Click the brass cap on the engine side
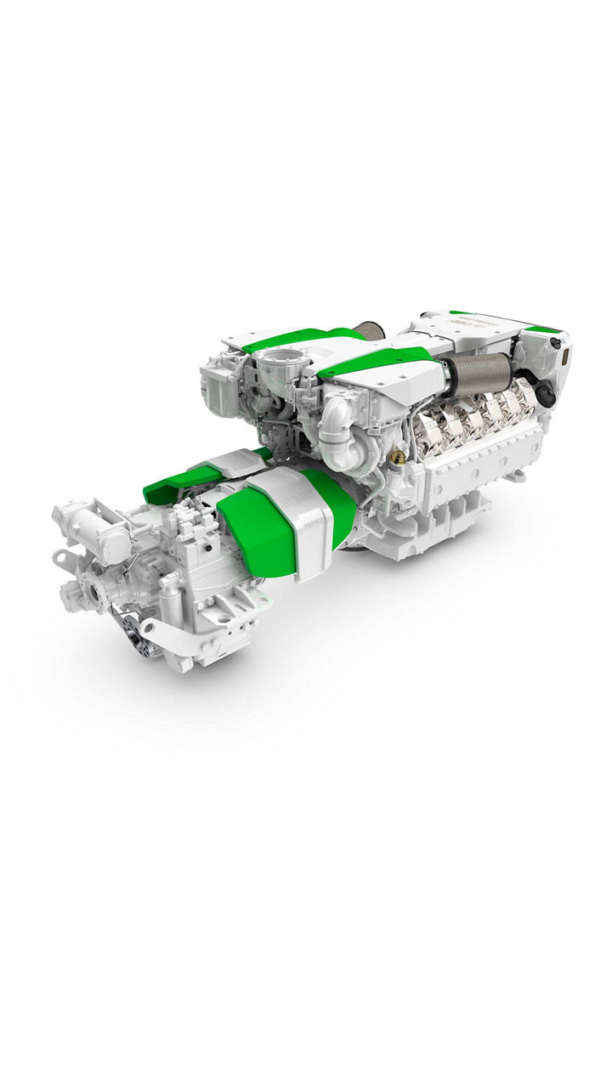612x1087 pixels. [397, 457]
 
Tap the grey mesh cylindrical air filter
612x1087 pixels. [479, 375]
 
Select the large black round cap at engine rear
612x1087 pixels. [545, 395]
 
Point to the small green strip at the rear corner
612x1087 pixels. [542, 329]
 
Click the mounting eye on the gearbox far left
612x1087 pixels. [61, 557]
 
